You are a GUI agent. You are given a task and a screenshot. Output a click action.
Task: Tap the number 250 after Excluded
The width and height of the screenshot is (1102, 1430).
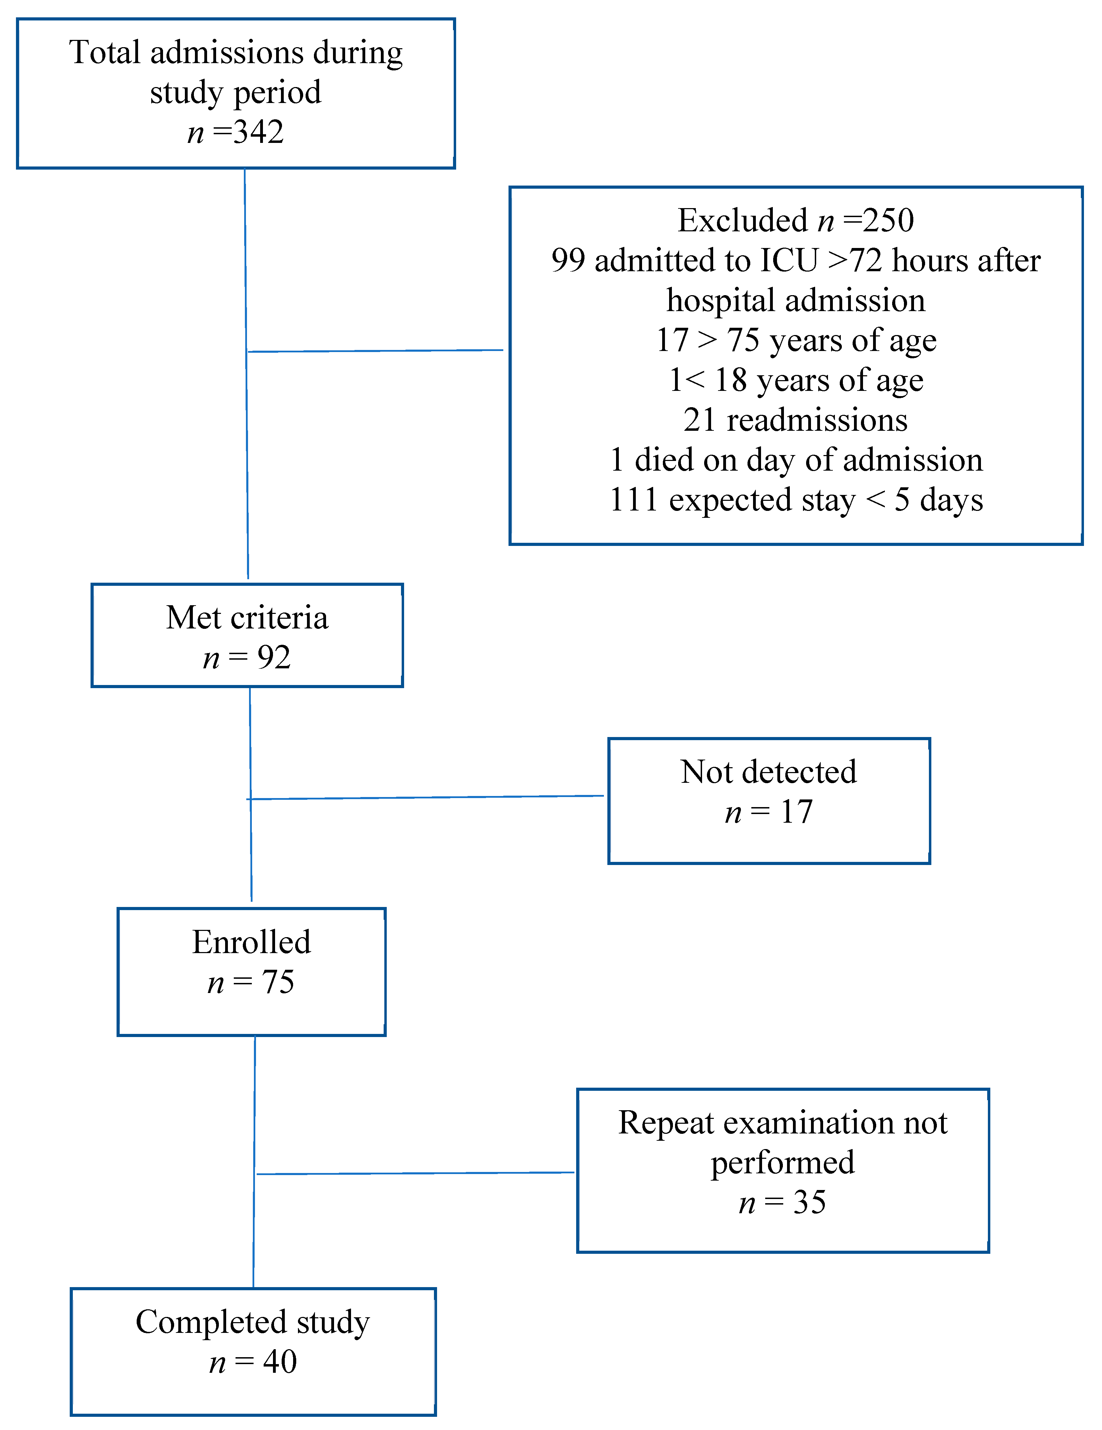tap(888, 221)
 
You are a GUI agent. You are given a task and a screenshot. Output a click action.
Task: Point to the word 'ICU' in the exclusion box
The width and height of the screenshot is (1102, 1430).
tap(789, 260)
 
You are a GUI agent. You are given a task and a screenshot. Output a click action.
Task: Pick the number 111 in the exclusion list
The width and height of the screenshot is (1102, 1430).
tap(633, 500)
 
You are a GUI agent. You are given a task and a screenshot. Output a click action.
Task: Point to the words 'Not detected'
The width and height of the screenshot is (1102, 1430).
tap(768, 772)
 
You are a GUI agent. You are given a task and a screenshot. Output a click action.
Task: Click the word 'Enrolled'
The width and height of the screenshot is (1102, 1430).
tap(251, 943)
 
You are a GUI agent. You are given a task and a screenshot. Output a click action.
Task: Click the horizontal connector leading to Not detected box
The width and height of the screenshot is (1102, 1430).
tap(426, 797)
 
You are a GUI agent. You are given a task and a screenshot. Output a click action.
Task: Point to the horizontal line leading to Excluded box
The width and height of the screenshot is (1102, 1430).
tap(376, 351)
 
